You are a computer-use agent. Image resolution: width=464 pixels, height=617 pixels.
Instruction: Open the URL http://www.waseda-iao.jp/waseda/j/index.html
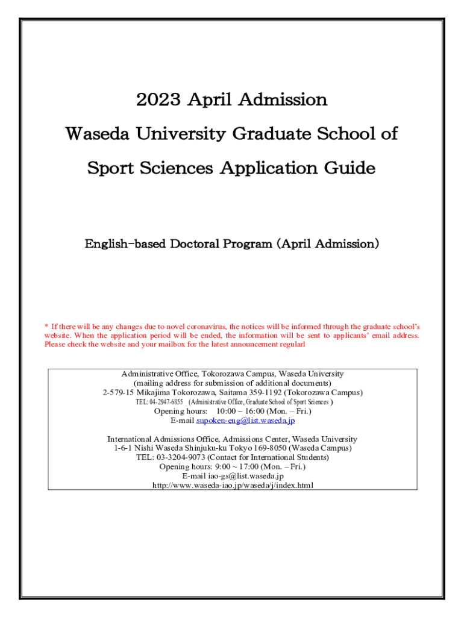[x=233, y=485]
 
